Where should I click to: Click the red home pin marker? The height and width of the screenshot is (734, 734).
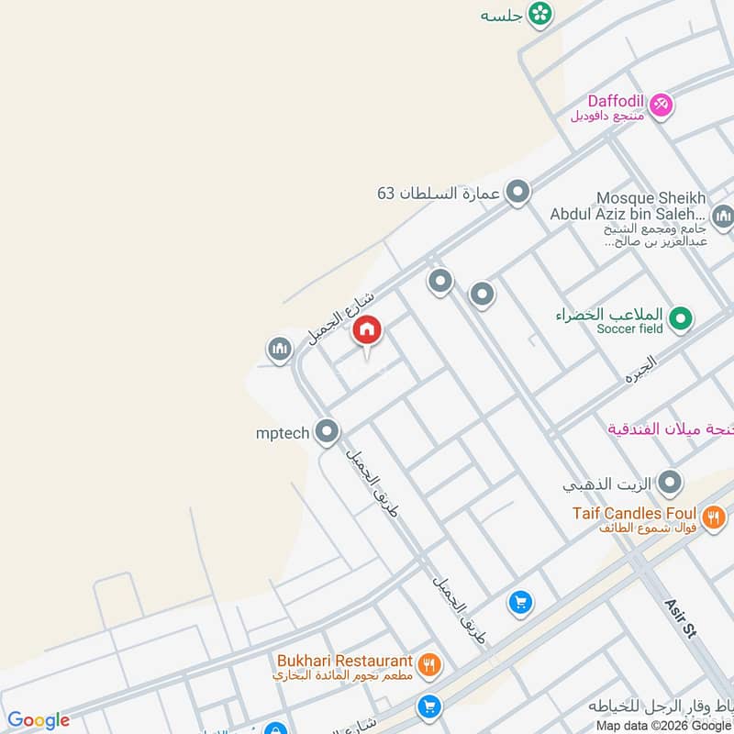367,329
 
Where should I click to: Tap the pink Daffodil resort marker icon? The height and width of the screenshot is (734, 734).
661,106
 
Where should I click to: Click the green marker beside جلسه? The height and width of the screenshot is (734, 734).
540,13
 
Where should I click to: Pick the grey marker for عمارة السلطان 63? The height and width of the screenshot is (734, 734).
518,193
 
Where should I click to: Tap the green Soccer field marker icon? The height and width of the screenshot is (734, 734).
680,319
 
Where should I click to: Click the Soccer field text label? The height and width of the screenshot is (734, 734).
628,328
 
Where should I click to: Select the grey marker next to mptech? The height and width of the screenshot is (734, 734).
327,430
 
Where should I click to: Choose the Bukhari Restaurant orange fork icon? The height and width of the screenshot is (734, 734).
428,663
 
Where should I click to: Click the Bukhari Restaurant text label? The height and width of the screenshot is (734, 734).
345,661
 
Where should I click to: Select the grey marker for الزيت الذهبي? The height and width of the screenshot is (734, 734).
671,482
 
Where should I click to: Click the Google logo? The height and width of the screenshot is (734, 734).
39,719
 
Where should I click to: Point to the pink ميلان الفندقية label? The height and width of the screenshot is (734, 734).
669,429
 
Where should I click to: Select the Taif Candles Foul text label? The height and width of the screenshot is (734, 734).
634,514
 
